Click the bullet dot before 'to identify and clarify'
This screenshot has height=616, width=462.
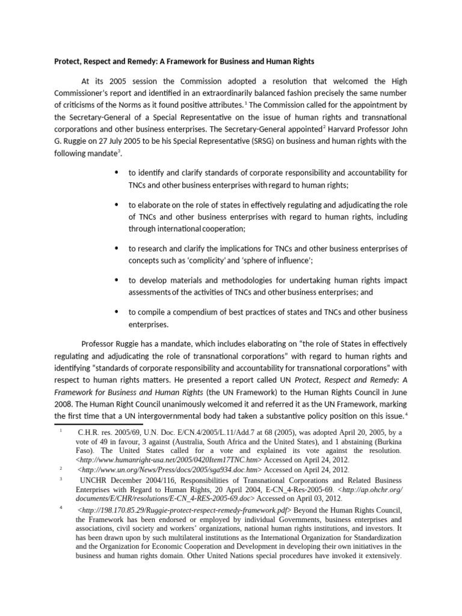[x=117, y=173]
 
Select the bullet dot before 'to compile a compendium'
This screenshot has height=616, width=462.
[x=117, y=312]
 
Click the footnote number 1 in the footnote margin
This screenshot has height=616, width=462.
[x=61, y=431]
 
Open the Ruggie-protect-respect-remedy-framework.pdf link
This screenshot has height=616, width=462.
[x=182, y=510]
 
